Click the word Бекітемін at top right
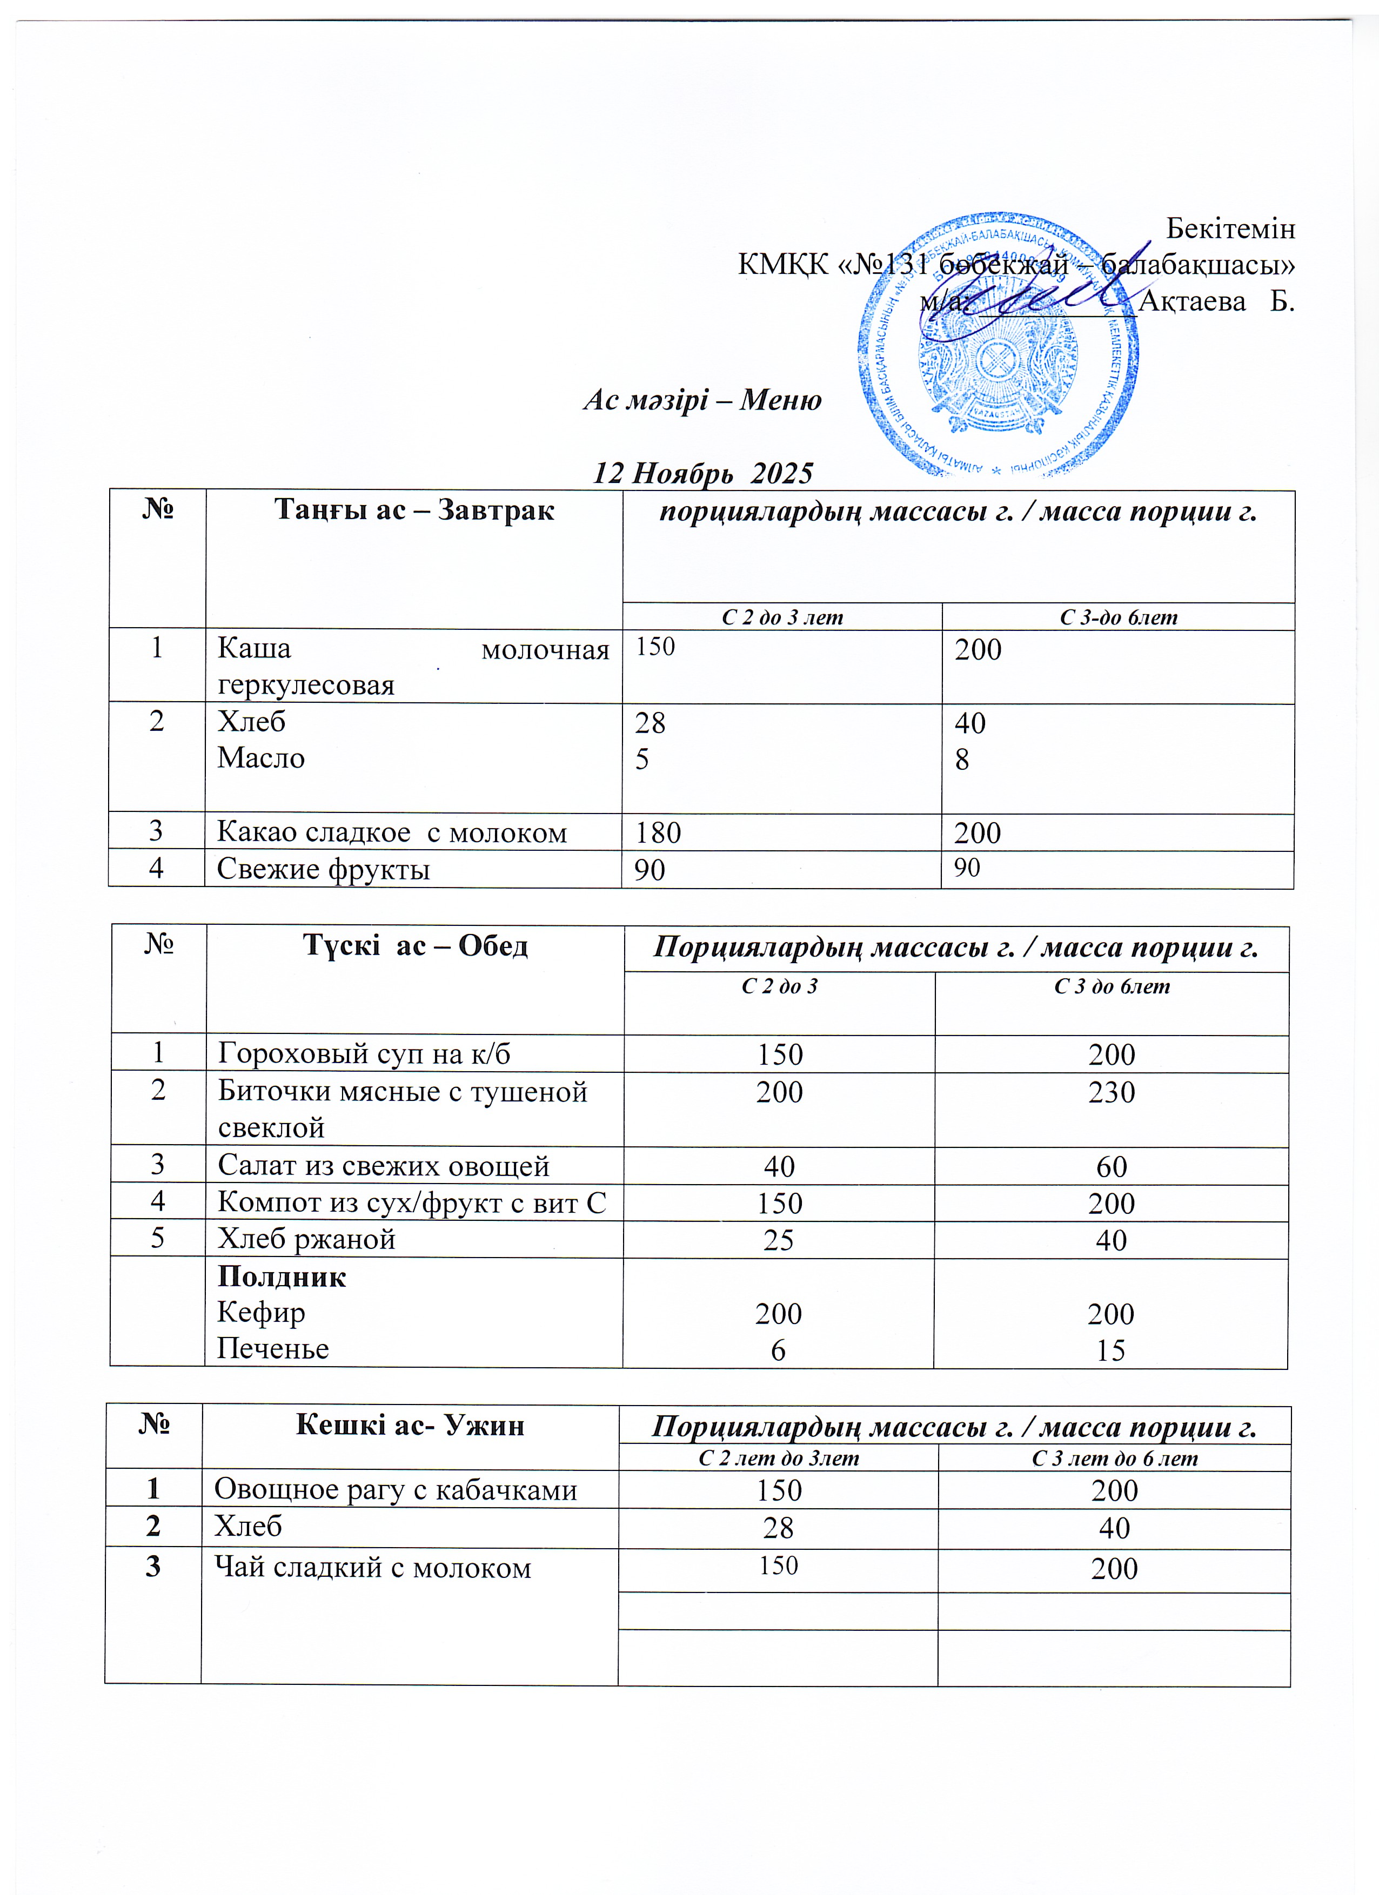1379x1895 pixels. tap(1230, 228)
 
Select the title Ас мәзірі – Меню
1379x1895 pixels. tap(702, 400)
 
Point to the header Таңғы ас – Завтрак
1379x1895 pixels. tap(414, 510)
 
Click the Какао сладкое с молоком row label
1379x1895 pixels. tap(392, 832)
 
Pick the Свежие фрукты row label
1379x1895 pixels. tap(324, 869)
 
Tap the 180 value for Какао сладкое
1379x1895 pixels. tap(658, 833)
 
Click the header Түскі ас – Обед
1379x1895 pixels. tap(414, 945)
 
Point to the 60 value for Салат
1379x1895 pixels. tap(1112, 1166)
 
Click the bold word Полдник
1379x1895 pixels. tap(282, 1276)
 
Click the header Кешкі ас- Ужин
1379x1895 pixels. tap(410, 1424)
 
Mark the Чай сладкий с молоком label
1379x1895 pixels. tap(373, 1568)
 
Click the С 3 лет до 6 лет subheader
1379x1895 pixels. tap(1114, 1458)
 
